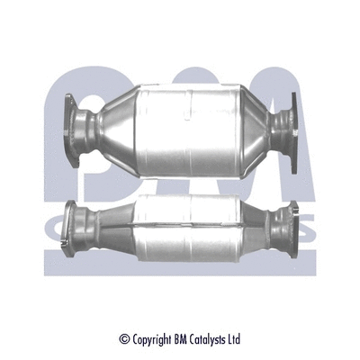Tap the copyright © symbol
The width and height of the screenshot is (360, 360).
(x=124, y=339)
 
